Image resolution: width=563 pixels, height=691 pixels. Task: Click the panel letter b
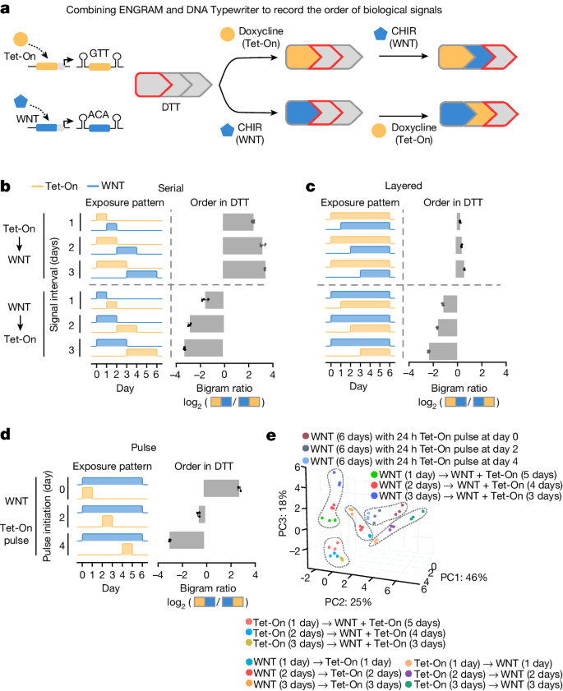[6, 187]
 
